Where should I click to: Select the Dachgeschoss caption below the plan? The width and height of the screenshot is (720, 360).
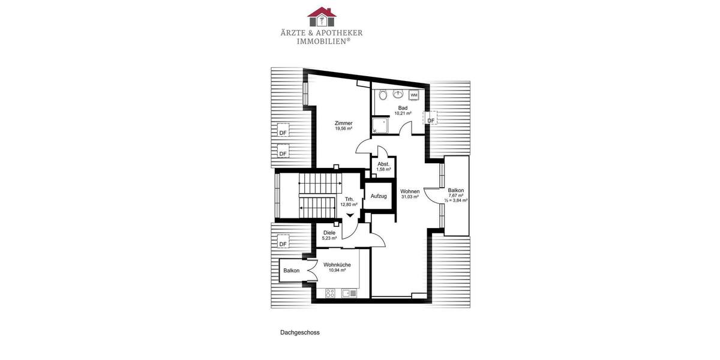coord(299,332)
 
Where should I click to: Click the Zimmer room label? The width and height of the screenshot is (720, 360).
coord(343,123)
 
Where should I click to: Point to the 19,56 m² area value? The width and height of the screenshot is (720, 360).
coord(343,129)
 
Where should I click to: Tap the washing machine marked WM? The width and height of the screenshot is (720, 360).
coord(415,95)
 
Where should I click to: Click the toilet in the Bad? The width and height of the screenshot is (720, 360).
coord(383,94)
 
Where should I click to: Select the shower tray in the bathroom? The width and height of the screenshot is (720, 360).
coord(380,125)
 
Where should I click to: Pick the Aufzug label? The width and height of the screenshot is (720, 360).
coord(379,196)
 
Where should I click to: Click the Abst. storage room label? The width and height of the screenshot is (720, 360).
coord(383,164)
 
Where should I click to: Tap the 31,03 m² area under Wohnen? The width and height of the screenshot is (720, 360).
coord(410,197)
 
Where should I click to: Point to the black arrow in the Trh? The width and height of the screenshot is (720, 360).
coord(350,215)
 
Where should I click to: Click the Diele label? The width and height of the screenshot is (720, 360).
coord(329,233)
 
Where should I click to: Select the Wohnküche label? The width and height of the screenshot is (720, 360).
coord(337,265)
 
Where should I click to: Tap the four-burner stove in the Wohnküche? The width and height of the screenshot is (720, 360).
coord(329,293)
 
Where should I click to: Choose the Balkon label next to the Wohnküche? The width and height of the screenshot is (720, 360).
coord(292,271)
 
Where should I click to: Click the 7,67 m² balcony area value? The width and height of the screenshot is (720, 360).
coord(456,195)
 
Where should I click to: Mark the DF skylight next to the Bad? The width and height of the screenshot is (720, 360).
coord(431,121)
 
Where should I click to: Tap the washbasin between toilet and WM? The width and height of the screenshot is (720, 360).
coord(398,94)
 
